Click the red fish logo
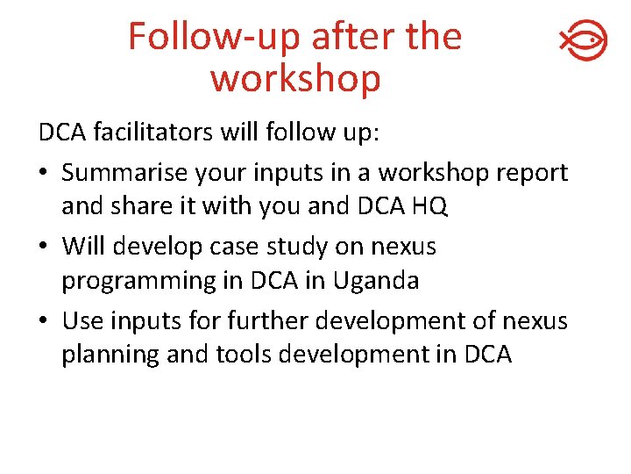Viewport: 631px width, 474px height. tap(583, 40)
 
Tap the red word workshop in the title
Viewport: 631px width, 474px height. tap(295, 78)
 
